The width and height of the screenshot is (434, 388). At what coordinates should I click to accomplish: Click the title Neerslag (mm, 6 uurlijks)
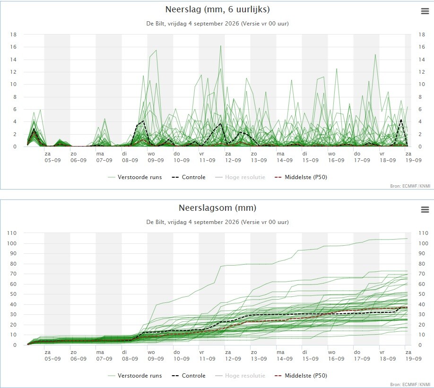click(217, 9)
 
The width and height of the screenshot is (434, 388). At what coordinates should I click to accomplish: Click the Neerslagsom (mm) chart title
click(217, 208)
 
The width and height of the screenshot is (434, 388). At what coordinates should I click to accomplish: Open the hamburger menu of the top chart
click(425, 11)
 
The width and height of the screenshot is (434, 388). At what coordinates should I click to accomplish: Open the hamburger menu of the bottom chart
click(425, 209)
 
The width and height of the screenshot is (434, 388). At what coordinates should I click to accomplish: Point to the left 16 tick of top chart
click(13, 47)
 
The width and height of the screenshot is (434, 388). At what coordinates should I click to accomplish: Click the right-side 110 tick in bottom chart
click(423, 233)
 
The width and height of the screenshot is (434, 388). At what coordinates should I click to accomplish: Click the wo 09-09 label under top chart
click(156, 157)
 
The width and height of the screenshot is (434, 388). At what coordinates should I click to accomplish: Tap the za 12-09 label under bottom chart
click(233, 355)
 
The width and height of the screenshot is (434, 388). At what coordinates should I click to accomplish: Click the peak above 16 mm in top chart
click(221, 46)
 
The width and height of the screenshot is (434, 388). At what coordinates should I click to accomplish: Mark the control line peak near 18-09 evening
click(401, 120)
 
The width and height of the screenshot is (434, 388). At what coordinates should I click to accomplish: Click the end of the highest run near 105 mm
click(407, 238)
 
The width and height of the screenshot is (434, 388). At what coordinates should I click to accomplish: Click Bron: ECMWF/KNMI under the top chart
click(410, 186)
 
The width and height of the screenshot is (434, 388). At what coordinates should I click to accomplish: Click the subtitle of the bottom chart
click(217, 222)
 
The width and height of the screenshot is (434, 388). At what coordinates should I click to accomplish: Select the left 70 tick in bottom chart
click(13, 274)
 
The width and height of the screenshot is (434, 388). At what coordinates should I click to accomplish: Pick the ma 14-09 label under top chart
click(285, 157)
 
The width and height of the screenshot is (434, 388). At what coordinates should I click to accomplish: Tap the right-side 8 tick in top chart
click(420, 97)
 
